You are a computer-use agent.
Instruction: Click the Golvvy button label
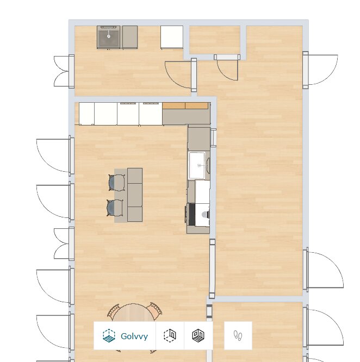(x=134, y=336)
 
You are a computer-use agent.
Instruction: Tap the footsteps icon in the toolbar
(x=238, y=335)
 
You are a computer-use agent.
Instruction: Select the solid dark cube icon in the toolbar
(x=198, y=335)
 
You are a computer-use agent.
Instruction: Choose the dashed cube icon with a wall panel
(x=170, y=335)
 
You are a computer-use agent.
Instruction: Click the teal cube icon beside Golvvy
(x=109, y=335)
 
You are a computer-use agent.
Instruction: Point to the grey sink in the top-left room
(x=109, y=37)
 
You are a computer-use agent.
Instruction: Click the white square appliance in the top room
(x=172, y=37)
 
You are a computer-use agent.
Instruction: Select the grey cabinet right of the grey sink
(x=130, y=37)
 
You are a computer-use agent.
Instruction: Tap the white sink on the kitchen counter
(x=197, y=165)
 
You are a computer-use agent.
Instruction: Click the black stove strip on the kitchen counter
(x=191, y=214)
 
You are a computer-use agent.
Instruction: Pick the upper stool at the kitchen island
(x=117, y=183)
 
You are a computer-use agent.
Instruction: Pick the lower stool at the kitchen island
(x=115, y=208)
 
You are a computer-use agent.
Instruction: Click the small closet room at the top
(x=215, y=40)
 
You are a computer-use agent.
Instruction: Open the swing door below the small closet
(x=227, y=67)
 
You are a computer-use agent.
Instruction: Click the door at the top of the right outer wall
(x=320, y=70)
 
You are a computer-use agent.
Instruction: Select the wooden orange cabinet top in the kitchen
(x=185, y=106)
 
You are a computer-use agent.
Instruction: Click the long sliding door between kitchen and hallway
(x=212, y=269)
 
